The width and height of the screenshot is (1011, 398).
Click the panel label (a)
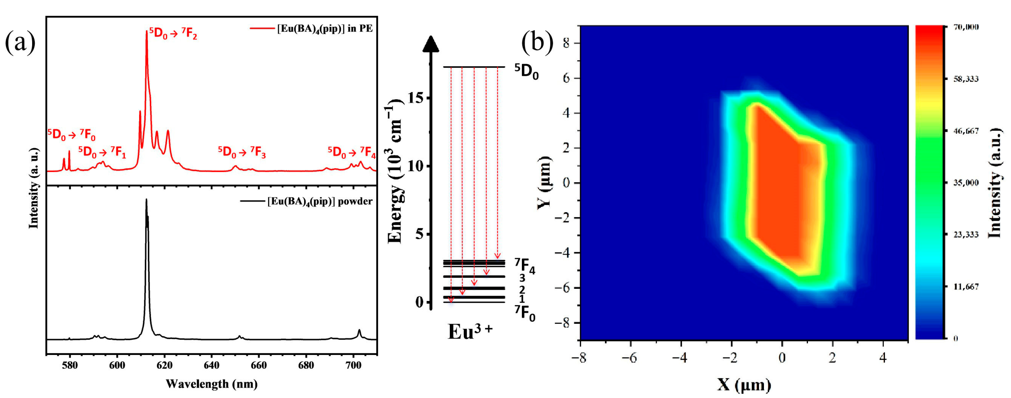tap(20, 42)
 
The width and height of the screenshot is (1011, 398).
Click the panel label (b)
tap(537, 42)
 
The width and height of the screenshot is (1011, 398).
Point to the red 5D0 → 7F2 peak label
tap(173, 34)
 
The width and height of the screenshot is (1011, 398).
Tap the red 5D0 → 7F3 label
tap(242, 152)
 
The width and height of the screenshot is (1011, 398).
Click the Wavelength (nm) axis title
tap(211, 384)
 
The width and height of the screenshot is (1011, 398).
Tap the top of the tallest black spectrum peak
tap(146, 200)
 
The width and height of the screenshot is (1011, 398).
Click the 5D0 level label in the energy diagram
tap(527, 72)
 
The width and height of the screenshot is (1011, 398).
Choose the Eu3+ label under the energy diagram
tap(470, 332)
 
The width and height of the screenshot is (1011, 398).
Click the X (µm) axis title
tap(744, 385)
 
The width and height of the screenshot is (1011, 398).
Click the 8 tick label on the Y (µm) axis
tap(566, 43)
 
